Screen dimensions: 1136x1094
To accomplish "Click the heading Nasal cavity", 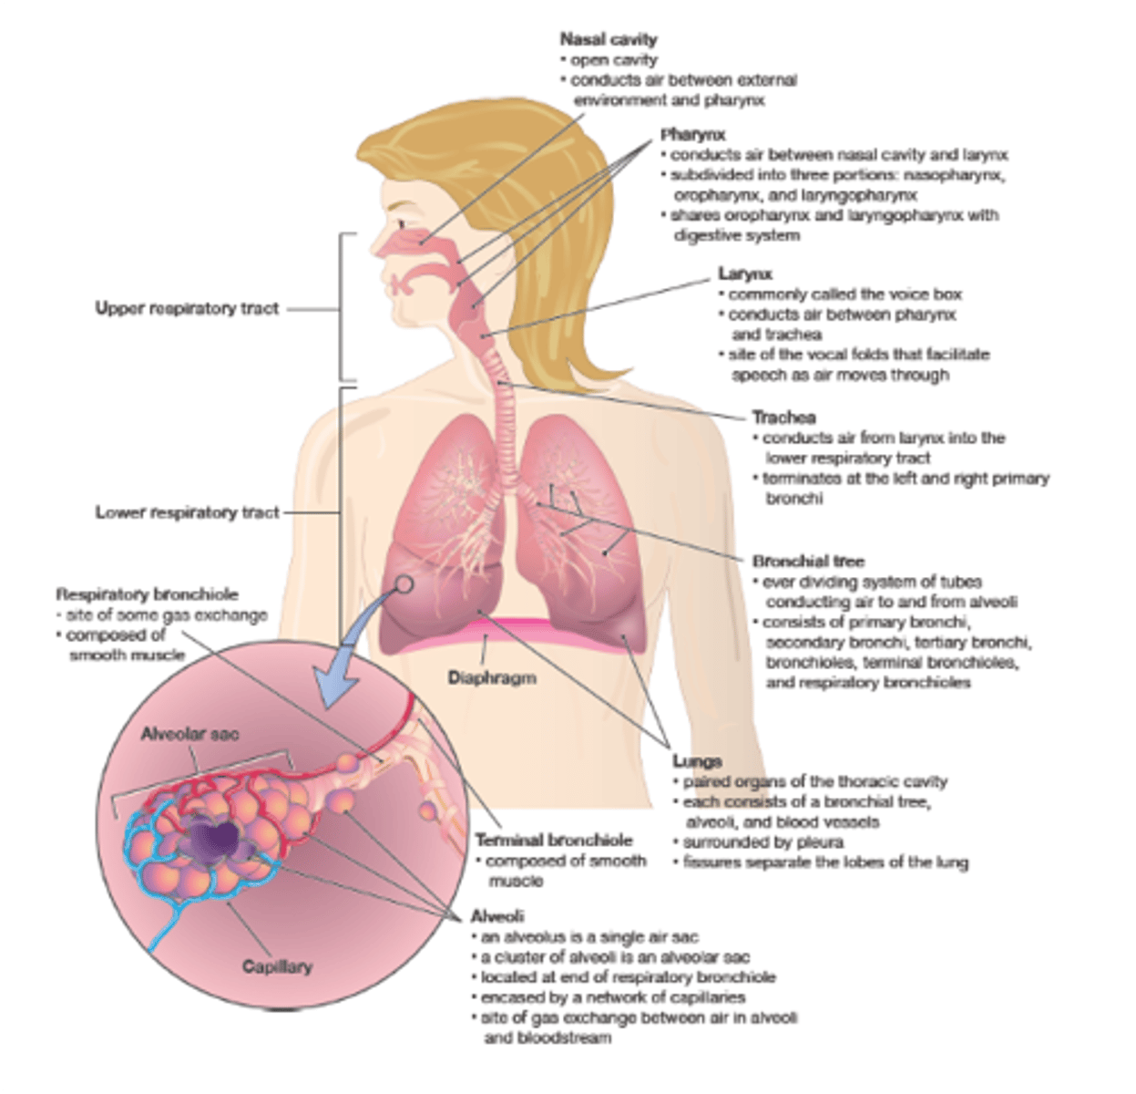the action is click(x=608, y=39).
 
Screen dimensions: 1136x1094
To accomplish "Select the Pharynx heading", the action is click(x=692, y=135).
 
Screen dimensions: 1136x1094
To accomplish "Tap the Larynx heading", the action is click(x=744, y=273).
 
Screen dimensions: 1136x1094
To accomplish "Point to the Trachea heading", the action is click(x=783, y=418).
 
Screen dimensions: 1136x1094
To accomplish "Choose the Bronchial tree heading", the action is click(x=808, y=561).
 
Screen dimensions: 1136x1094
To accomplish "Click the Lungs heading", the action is click(x=697, y=761).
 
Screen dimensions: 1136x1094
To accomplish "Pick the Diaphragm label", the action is click(x=491, y=677).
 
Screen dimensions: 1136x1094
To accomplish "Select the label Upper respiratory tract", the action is click(x=187, y=308).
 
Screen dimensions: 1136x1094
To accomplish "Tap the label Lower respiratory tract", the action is click(x=187, y=512).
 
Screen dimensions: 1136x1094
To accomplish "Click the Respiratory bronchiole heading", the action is click(x=147, y=594).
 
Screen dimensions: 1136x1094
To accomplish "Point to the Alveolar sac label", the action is click(x=189, y=734).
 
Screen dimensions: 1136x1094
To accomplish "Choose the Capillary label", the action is click(x=277, y=966).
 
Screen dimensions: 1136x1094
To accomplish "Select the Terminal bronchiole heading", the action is click(x=553, y=841).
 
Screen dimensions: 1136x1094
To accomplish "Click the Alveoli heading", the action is click(x=496, y=915).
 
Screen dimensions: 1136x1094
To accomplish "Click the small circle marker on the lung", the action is click(x=404, y=583).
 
